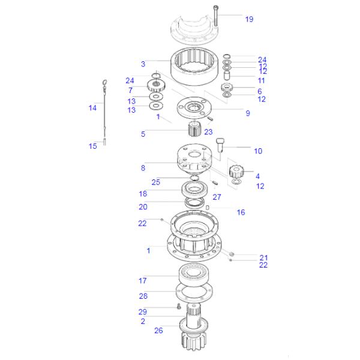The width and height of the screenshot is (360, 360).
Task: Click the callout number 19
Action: pyautogui.click(x=249, y=19)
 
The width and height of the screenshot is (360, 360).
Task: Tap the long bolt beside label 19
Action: pyautogui.click(x=215, y=16)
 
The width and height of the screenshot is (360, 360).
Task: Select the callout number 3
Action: pyautogui.click(x=143, y=64)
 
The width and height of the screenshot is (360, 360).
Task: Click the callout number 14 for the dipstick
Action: pyautogui.click(x=92, y=107)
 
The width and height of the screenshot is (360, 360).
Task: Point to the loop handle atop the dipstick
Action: pyautogui.click(x=104, y=82)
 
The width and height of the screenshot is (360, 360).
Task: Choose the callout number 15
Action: pyautogui.click(x=93, y=146)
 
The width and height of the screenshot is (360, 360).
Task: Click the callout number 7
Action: pyautogui.click(x=130, y=90)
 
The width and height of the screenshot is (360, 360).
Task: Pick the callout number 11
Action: pyautogui.click(x=261, y=80)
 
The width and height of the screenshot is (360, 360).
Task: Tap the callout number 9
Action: pyautogui.click(x=248, y=113)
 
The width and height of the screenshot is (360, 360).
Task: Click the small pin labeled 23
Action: pyautogui.click(x=210, y=119)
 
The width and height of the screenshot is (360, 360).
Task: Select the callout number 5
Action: pyautogui.click(x=143, y=134)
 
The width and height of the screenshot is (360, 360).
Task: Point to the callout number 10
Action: pyautogui.click(x=258, y=151)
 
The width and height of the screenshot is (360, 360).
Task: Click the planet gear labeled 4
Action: pyautogui.click(x=235, y=171)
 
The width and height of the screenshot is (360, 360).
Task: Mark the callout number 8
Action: pyautogui.click(x=143, y=168)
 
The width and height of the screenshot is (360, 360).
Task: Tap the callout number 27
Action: pyautogui.click(x=217, y=197)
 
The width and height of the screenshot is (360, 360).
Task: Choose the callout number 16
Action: pyautogui.click(x=241, y=212)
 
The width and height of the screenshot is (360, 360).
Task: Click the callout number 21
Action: pyautogui.click(x=263, y=257)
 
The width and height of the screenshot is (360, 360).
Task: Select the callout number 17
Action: pyautogui.click(x=143, y=280)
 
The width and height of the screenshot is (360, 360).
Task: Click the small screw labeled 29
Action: pyautogui.click(x=179, y=306)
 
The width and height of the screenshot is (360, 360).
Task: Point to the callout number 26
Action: pyautogui.click(x=158, y=331)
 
